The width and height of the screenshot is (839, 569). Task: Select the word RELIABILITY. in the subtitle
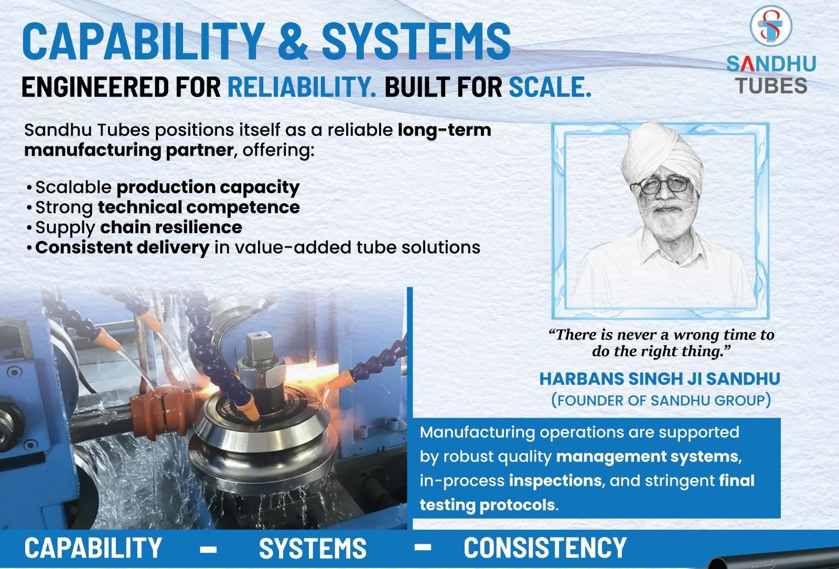click(302, 86)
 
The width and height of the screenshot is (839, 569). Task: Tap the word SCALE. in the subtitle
click(550, 86)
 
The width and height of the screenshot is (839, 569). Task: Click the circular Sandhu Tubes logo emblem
click(770, 26)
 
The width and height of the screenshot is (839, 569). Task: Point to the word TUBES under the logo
click(771, 86)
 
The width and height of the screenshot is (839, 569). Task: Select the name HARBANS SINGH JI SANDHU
click(660, 379)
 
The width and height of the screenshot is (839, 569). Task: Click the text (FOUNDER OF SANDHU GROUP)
click(661, 400)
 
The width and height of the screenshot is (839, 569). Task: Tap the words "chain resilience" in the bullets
click(171, 227)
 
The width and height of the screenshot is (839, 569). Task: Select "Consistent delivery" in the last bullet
click(123, 248)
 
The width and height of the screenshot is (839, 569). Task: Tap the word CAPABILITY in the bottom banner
click(93, 548)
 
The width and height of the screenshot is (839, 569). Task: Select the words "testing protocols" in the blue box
click(487, 506)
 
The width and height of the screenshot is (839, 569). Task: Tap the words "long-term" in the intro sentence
click(445, 130)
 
